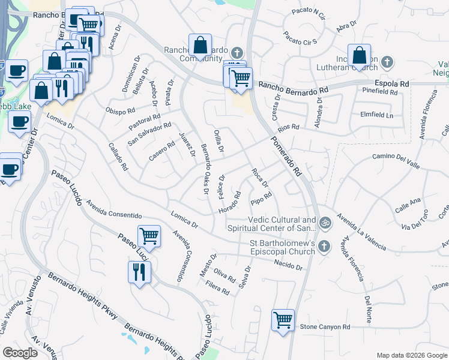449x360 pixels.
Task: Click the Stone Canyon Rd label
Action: coord(325,327)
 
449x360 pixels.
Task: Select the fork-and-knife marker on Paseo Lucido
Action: coord(139,272)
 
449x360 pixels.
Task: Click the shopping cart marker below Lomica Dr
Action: coord(149,235)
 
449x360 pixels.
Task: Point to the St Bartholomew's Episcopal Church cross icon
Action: coord(324,246)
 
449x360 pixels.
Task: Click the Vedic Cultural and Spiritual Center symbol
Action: coord(325,223)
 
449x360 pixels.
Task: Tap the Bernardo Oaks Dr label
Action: coord(204,170)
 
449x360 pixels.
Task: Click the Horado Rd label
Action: coord(229,204)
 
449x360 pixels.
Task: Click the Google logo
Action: coord(20,353)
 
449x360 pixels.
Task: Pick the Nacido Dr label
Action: coord(286,262)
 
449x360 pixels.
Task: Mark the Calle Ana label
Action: coord(408,202)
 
